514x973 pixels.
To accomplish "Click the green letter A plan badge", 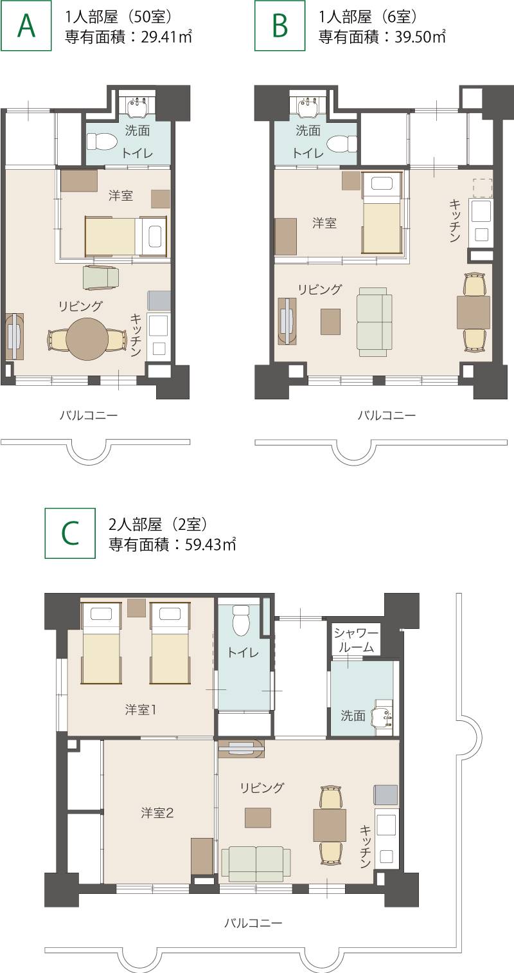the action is point(26,26).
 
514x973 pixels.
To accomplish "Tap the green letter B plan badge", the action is point(280,26).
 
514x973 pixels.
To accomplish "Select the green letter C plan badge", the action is point(70,533).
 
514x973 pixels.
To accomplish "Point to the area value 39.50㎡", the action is point(420,37).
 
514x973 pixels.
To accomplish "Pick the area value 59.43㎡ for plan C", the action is point(211,544).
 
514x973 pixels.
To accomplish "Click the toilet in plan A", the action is point(102,141).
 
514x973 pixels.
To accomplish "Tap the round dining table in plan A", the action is point(87,340).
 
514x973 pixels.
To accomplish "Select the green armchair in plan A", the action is point(101,277).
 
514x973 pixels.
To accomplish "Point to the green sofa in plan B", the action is point(374,322).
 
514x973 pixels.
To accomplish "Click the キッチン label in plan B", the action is point(454,221).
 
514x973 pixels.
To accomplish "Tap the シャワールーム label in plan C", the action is point(356,640).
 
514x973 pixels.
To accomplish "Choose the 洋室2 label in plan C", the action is point(157,813).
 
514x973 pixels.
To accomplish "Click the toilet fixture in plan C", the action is point(242,619).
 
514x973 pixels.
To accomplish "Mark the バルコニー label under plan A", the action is point(89,415).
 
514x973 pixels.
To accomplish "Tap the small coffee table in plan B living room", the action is point(330,322).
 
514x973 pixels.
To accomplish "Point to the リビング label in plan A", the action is point(81,306).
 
